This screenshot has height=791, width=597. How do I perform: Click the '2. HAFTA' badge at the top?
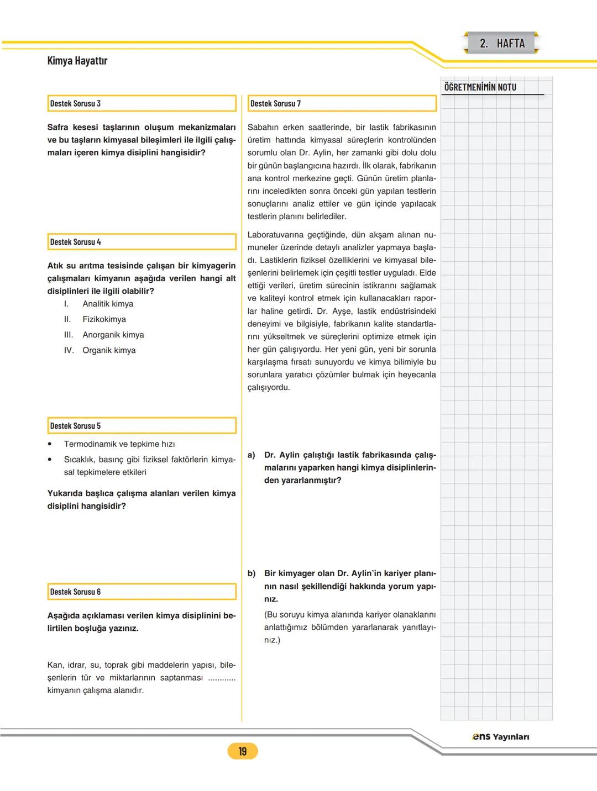(501, 43)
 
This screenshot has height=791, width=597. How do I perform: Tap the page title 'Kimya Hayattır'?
(77, 61)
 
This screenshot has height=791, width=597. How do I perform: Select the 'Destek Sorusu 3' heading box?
(142, 103)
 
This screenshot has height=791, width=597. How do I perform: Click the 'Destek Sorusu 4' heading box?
(142, 242)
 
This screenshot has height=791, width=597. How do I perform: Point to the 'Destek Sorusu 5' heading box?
(142, 426)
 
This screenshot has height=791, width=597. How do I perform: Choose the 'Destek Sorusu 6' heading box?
(142, 592)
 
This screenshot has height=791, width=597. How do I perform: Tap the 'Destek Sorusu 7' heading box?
(342, 103)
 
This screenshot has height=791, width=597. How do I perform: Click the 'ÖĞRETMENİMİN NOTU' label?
(480, 87)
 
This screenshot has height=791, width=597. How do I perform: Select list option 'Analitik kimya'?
(108, 304)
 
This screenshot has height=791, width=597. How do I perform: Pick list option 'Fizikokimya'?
(104, 319)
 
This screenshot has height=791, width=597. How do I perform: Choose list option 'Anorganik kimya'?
(113, 335)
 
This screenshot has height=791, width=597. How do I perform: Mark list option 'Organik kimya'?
(109, 350)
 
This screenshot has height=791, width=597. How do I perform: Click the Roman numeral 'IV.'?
(69, 350)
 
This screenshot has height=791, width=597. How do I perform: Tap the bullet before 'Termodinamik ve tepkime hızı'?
(50, 444)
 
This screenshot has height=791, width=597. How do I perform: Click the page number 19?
(243, 751)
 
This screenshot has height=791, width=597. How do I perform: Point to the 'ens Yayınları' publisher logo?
(501, 737)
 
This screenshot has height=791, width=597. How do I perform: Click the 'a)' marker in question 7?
(252, 455)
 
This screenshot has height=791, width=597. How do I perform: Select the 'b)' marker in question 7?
(252, 573)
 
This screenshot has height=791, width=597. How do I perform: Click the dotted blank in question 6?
(222, 678)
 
